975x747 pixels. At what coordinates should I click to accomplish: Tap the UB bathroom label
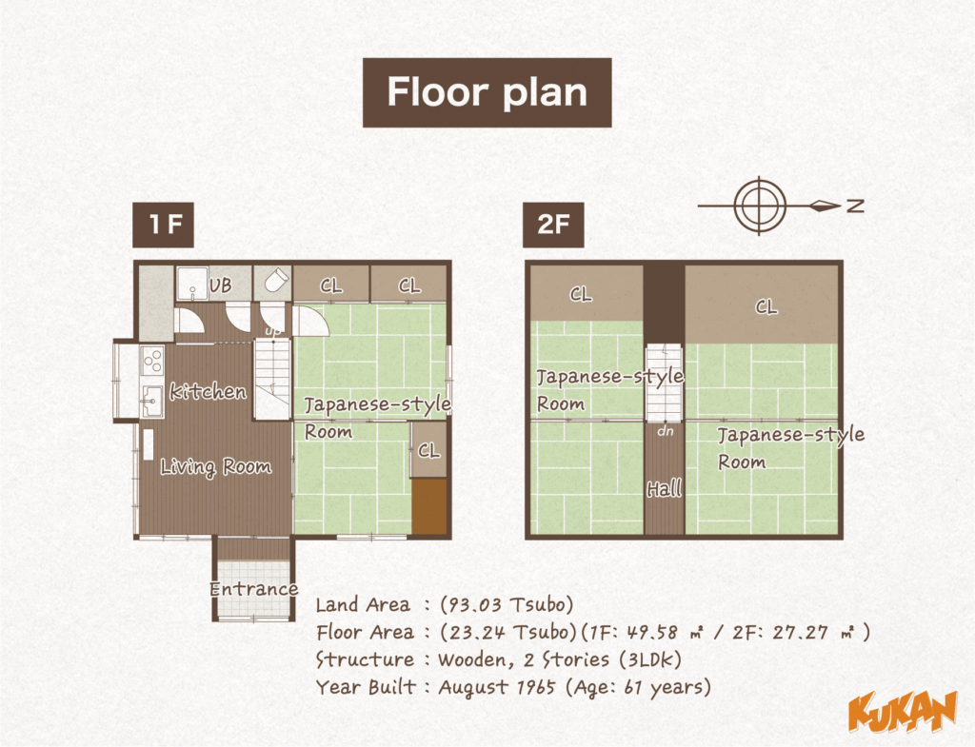[x=220, y=285]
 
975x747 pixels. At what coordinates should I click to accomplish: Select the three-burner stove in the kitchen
[x=152, y=360]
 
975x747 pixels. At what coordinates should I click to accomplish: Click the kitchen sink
[x=151, y=396]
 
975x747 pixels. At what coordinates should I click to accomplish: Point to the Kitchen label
[x=208, y=391]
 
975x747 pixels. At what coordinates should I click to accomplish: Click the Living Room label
[x=215, y=466]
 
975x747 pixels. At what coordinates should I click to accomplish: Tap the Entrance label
[x=253, y=589]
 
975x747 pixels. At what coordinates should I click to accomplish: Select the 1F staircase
[x=271, y=380]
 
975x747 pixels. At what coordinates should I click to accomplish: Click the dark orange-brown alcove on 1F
[x=428, y=506]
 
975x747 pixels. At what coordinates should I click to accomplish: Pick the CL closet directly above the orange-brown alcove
[x=429, y=451]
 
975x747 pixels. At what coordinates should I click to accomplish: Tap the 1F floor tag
[x=164, y=226]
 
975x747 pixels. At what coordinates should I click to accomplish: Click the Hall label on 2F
[x=665, y=490]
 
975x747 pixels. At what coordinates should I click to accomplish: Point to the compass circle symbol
[x=760, y=204]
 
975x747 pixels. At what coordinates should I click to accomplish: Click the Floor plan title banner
[x=487, y=92]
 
